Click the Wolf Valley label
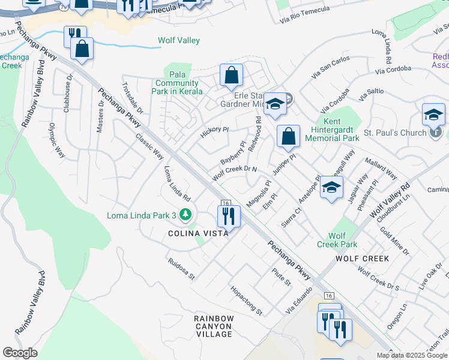coord(178,41)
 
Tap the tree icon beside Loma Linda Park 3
coord(186,214)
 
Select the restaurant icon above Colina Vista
coord(228,215)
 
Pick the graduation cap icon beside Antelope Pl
coord(331,187)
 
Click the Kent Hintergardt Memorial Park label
coord(332,133)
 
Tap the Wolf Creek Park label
coord(338,240)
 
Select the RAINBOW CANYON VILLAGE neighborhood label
coord(214,326)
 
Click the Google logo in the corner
coord(20,353)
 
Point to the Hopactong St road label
coord(247,300)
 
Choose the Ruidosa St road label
coord(181,269)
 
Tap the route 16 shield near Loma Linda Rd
coord(226,204)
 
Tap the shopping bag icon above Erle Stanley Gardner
coord(231,76)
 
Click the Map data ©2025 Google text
coord(412,355)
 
